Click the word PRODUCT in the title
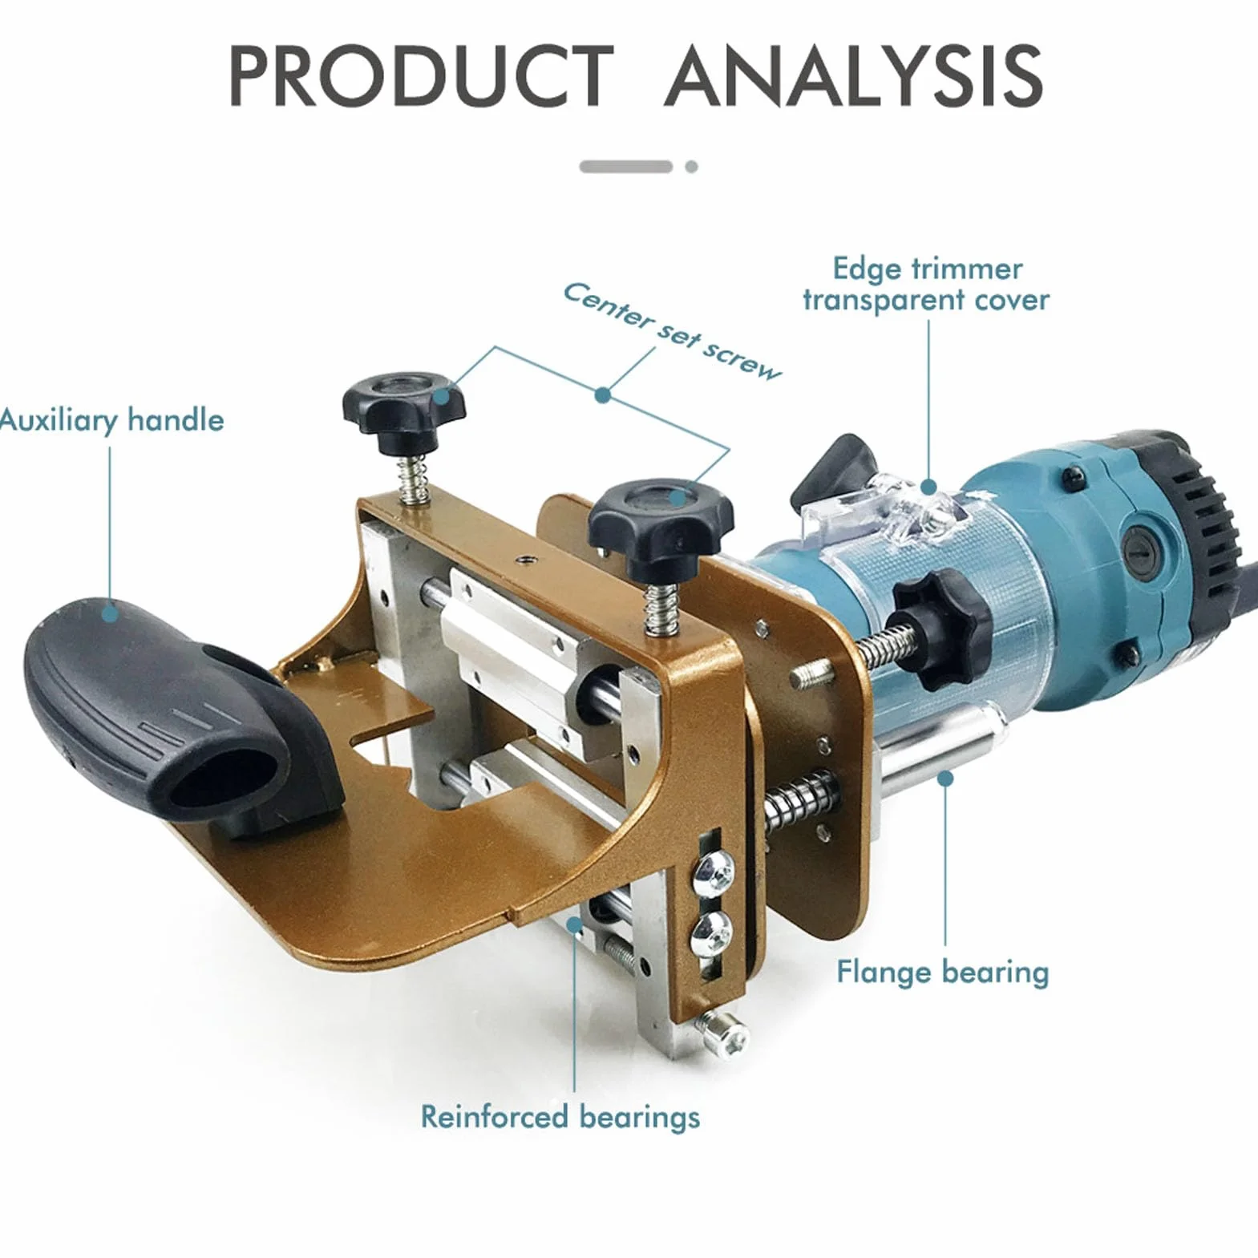coord(420,75)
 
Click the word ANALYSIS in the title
coord(854,75)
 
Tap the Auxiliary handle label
coord(111,420)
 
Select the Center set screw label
coord(672,331)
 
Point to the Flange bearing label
coord(943,973)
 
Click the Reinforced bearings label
coord(560,1117)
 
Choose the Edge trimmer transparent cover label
coord(927,284)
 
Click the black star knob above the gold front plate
coord(660,520)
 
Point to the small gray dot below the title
coord(691,167)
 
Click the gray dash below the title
coord(626,167)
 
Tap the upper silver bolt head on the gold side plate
coord(713,868)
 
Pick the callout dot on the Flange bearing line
coord(946,778)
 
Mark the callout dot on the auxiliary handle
coord(110,613)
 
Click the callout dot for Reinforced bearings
coord(574,924)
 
